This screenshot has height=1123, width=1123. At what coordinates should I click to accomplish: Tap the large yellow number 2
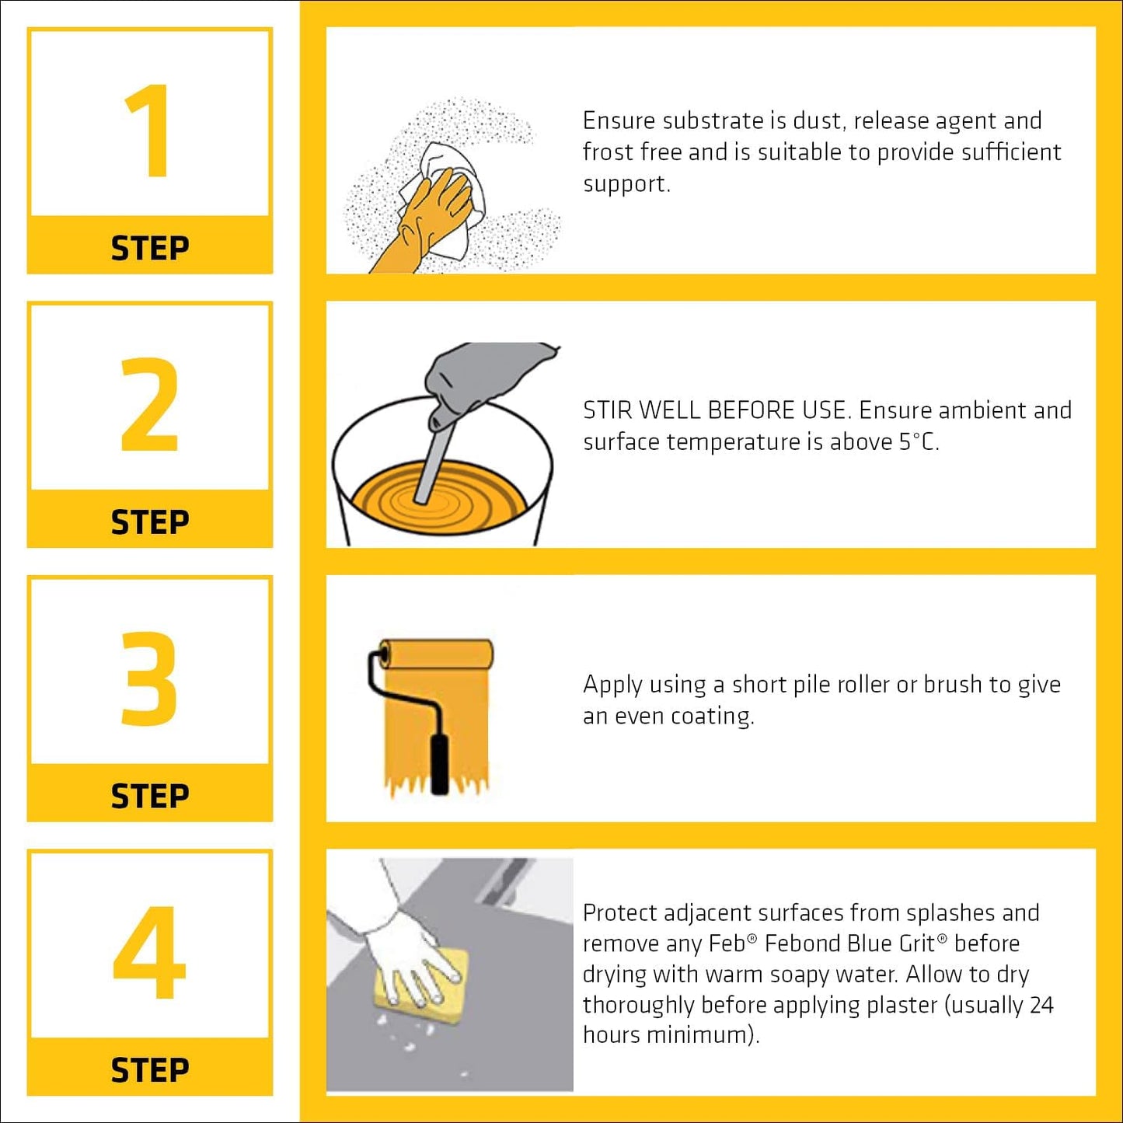coord(149,404)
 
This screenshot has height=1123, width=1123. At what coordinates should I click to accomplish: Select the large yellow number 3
coord(149,678)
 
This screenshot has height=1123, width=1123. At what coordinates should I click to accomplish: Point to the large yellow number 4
coord(149,952)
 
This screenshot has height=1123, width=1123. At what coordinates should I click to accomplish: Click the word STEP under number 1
coord(149,249)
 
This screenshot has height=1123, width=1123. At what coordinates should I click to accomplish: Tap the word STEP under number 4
coord(149,1070)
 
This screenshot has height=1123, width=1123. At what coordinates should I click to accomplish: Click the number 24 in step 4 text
coord(1041,1005)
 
